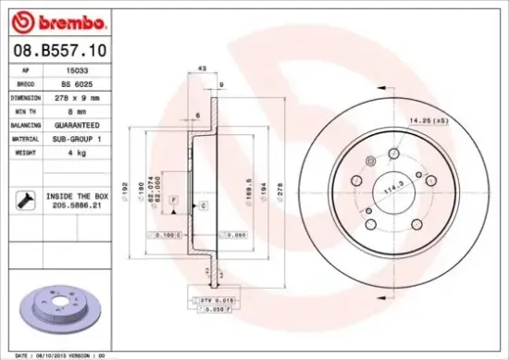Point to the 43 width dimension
203,68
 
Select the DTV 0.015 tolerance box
210,301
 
